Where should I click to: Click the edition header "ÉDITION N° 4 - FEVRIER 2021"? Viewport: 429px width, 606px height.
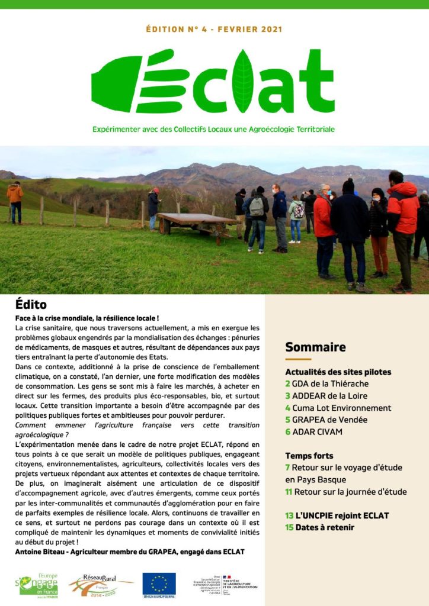[x=214, y=29]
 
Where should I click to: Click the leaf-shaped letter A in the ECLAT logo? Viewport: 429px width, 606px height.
[x=243, y=82]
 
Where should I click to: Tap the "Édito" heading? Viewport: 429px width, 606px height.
[x=31, y=305]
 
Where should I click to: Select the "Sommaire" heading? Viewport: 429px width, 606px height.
[x=315, y=347]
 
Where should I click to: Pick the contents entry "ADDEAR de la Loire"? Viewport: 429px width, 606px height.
[x=326, y=396]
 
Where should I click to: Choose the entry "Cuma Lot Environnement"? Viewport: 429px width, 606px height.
[x=338, y=408]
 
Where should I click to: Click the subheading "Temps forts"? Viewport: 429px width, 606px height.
[x=309, y=456]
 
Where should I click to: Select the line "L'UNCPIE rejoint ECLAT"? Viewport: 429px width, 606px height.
[x=337, y=515]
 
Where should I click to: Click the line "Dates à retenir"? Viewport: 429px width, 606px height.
[x=319, y=527]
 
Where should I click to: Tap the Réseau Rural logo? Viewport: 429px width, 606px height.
[x=101, y=585]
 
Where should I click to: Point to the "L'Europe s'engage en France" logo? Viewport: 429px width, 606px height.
[x=39, y=585]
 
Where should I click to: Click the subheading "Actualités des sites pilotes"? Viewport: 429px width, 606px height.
[x=338, y=372]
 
